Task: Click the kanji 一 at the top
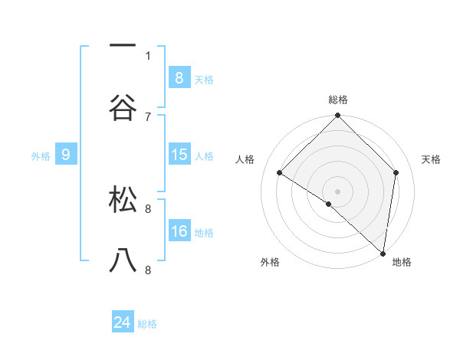(123, 47)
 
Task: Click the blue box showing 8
(179, 77)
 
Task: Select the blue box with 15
(179, 155)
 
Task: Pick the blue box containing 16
(179, 231)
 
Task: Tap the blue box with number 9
(66, 155)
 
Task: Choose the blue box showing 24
(123, 322)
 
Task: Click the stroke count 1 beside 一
(147, 55)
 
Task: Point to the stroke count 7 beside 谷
(147, 116)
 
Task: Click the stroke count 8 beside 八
(147, 270)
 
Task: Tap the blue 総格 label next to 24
(147, 324)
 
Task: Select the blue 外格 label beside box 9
(41, 156)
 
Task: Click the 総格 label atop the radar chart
(337, 100)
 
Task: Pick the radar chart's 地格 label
(402, 263)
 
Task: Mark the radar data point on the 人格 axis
(280, 173)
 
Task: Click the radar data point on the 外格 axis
(329, 204)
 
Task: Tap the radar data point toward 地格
(383, 252)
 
